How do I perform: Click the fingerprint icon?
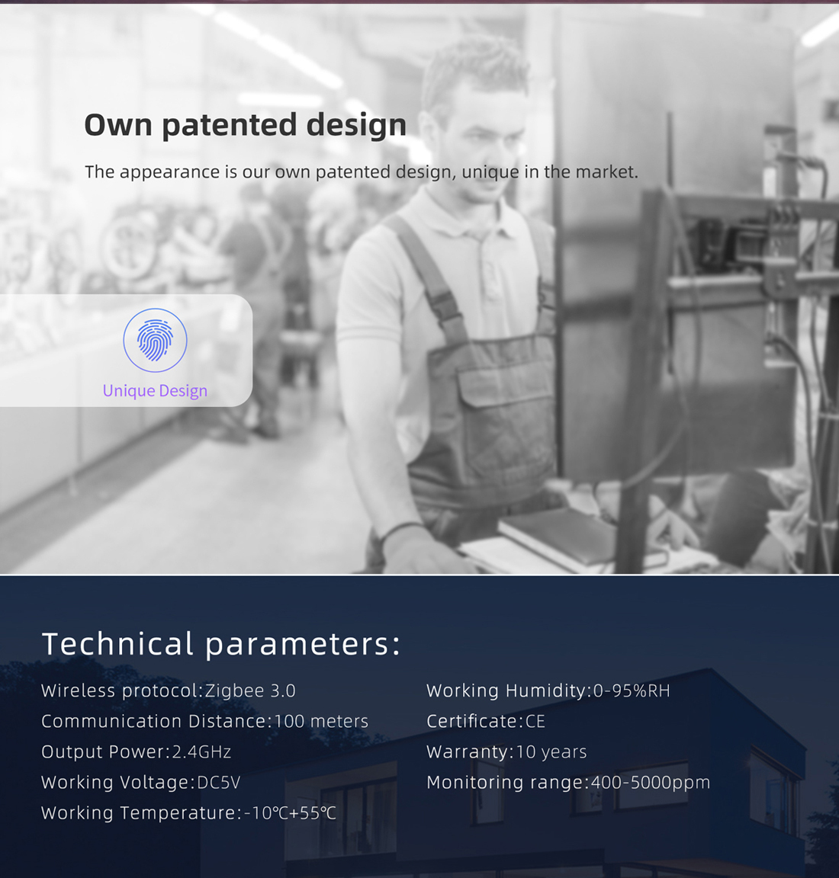(x=156, y=340)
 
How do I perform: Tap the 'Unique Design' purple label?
(x=156, y=391)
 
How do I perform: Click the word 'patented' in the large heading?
(x=230, y=126)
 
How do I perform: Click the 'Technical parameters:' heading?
(x=221, y=644)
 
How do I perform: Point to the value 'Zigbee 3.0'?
(x=250, y=691)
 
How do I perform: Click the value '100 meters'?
(x=321, y=721)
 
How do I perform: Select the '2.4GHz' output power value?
(x=202, y=751)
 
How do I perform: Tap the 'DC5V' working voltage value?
(x=219, y=782)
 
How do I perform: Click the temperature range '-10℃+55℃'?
(x=291, y=812)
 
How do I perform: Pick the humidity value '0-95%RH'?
(x=632, y=691)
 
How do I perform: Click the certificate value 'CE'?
(x=535, y=721)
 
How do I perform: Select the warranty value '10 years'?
(x=551, y=751)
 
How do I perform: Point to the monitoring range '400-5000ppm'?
(x=651, y=782)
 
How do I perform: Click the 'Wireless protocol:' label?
(x=122, y=691)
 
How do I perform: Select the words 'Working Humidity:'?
(x=509, y=691)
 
